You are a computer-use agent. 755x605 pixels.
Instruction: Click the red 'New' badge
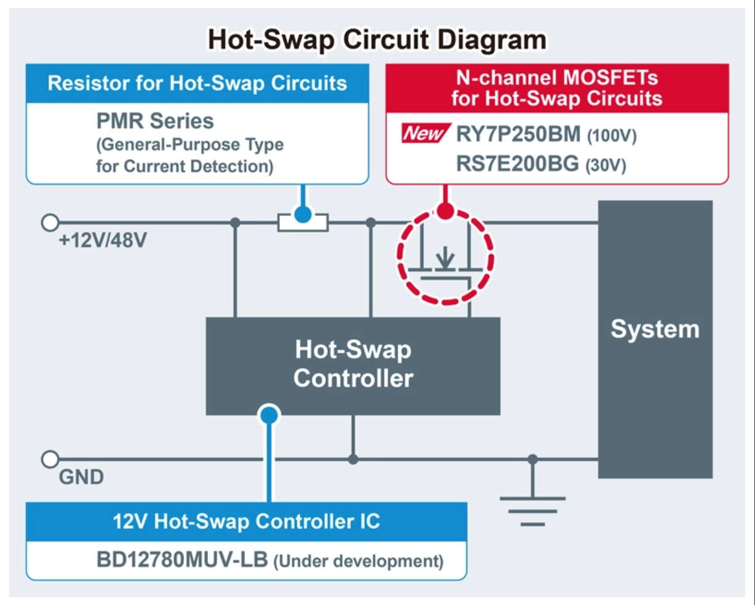[x=426, y=133]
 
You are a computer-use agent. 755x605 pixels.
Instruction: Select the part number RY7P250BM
[x=518, y=134]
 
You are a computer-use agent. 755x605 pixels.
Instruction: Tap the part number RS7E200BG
[x=517, y=164]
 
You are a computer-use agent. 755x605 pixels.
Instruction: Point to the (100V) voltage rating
[x=612, y=135]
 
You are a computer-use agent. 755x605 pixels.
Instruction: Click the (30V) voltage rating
[x=605, y=166]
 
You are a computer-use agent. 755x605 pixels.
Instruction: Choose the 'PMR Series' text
[x=154, y=121]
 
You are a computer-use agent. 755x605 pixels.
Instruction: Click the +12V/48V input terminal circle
[x=50, y=222]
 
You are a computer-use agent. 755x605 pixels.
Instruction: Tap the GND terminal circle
[x=50, y=459]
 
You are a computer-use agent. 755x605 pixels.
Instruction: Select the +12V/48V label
[x=103, y=241]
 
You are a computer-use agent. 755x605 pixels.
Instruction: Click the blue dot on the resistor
[x=303, y=214]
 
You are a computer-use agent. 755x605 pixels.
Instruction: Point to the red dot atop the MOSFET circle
[x=445, y=211]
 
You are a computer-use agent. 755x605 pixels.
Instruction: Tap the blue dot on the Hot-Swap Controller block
[x=269, y=415]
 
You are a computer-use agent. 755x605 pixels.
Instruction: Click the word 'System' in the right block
[x=655, y=329]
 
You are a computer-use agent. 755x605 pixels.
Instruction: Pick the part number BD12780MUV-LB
[x=182, y=559]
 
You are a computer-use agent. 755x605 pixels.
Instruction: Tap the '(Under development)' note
[x=359, y=561]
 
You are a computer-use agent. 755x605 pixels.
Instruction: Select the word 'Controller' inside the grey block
[x=353, y=379]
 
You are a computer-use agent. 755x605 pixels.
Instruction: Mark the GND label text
[x=81, y=477]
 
